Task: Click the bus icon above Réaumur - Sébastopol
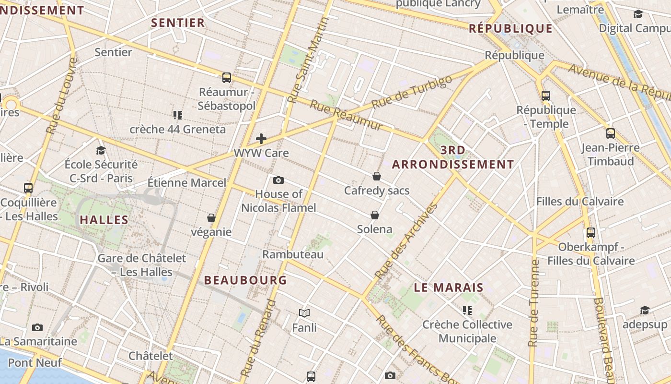tap(227, 77)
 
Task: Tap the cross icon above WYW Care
tap(261, 139)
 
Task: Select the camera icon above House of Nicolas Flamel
tap(278, 180)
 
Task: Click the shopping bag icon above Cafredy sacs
tap(377, 176)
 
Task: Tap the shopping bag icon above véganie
tap(211, 218)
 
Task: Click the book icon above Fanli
tap(304, 313)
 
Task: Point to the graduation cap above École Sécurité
tap(101, 150)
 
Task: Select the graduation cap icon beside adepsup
tap(645, 310)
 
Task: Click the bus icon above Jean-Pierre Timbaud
tap(610, 133)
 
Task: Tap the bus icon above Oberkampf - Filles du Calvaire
tap(591, 233)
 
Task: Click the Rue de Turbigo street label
tap(412, 92)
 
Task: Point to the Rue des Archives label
tap(406, 241)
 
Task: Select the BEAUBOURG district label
tap(245, 280)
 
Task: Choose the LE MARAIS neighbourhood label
tap(449, 288)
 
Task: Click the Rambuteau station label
tap(293, 254)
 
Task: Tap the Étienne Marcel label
tap(186, 182)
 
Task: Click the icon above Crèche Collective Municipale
tap(467, 311)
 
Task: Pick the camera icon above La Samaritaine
tap(37, 327)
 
